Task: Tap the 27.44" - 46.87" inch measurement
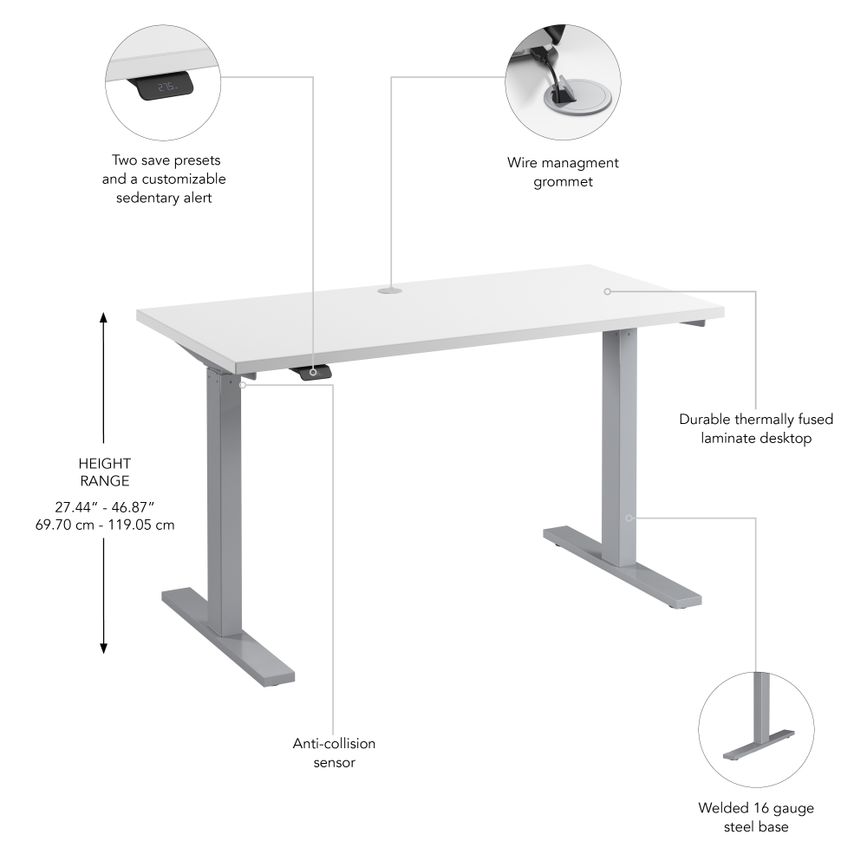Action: point(104,507)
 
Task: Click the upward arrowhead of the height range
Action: point(104,317)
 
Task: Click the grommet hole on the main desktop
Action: point(390,292)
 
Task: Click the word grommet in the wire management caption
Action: point(563,182)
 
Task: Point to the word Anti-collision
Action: point(334,744)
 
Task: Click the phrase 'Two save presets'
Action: point(166,160)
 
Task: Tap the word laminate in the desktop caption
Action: point(732,439)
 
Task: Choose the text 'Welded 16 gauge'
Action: point(756,808)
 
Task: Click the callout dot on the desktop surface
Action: point(608,291)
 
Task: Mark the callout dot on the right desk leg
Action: point(630,518)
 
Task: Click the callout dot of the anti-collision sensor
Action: point(244,384)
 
